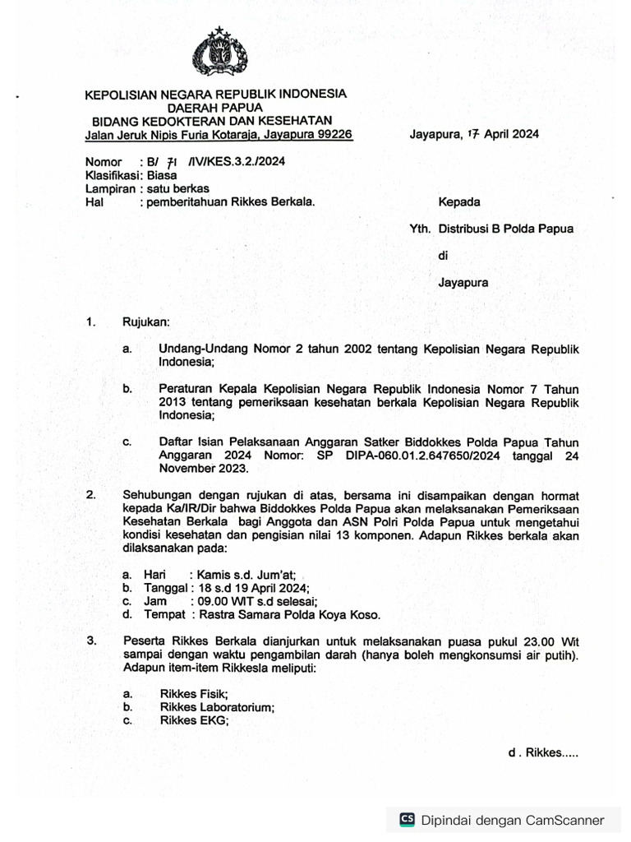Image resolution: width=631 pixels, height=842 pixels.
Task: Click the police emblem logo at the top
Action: tap(219, 53)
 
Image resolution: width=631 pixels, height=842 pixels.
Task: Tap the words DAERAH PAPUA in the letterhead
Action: tap(215, 108)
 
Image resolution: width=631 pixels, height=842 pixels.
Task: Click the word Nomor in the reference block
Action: tap(104, 162)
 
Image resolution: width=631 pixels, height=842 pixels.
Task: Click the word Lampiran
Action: tap(109, 188)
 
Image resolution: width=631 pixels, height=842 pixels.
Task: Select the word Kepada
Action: tap(459, 201)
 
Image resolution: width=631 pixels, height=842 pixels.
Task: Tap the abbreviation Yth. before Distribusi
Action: tap(420, 229)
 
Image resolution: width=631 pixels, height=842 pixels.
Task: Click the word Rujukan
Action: tap(145, 323)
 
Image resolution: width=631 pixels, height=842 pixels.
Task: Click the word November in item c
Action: tap(186, 468)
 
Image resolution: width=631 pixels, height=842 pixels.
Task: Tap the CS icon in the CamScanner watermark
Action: tap(407, 819)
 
